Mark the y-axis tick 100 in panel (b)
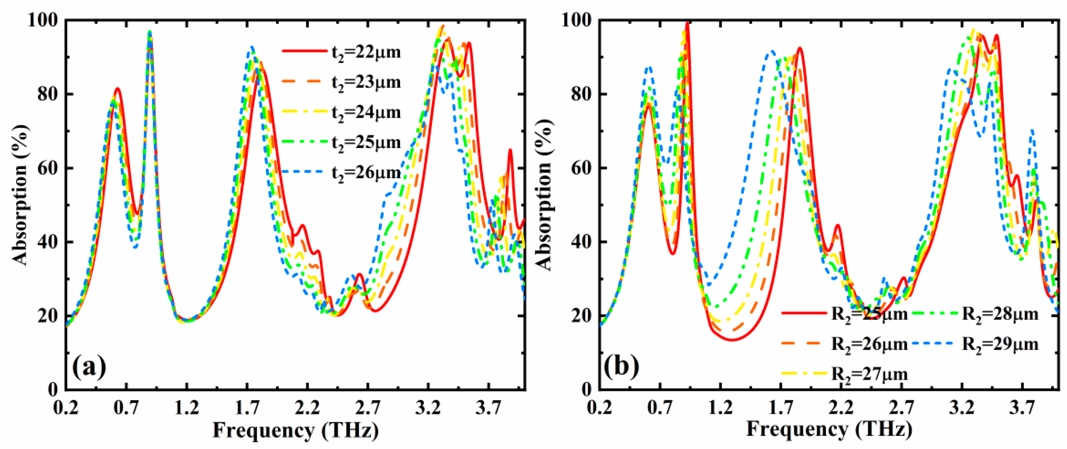pyautogui.click(x=576, y=20)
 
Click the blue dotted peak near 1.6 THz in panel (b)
pyautogui.click(x=772, y=52)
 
